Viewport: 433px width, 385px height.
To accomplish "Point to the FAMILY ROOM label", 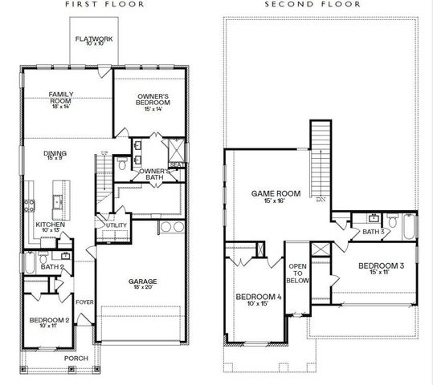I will click(x=61, y=98).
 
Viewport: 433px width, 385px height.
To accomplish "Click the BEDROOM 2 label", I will click(x=48, y=322).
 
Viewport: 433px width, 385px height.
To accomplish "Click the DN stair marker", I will click(x=321, y=198).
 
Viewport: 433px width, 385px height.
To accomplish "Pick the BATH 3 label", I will click(x=371, y=232).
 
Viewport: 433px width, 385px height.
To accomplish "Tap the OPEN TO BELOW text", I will click(x=299, y=274).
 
